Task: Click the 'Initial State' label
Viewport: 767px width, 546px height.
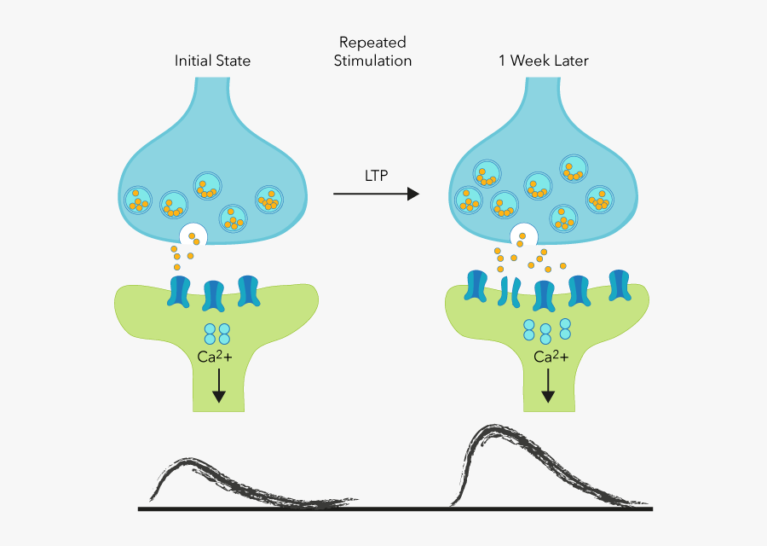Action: (212, 61)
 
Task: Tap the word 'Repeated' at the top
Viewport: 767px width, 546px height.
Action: (372, 42)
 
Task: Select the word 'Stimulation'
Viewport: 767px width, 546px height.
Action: (372, 61)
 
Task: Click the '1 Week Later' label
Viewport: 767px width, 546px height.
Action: (544, 61)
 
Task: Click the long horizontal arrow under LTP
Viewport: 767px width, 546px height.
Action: (375, 195)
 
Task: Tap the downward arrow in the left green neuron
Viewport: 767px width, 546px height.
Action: (219, 386)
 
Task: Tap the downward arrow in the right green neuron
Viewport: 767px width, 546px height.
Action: (548, 386)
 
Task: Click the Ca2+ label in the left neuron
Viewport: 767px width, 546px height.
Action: (215, 357)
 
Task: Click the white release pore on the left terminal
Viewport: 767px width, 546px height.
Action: (193, 235)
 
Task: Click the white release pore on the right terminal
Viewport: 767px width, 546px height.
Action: (523, 235)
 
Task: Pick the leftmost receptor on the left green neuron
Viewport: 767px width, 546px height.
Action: (180, 291)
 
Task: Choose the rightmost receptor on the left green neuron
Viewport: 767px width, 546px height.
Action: (248, 290)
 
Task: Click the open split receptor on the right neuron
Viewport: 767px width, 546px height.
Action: (510, 291)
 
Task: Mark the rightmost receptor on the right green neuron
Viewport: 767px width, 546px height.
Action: (620, 286)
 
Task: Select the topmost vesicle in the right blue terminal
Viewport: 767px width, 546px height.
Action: (574, 169)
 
